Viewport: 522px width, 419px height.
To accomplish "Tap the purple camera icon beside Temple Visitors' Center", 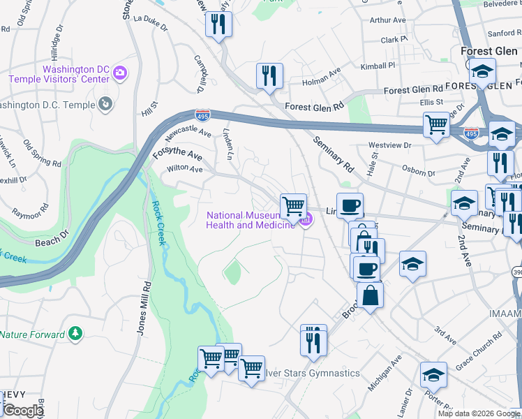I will tap(121, 72).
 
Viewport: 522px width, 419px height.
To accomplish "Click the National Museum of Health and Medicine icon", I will tap(305, 221).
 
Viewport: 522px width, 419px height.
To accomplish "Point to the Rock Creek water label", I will tap(157, 223).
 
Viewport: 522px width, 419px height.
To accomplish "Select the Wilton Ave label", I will tap(184, 169).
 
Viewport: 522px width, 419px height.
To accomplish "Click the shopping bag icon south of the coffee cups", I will tap(370, 294).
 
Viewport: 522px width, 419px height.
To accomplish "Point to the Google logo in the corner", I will tap(22, 411).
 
